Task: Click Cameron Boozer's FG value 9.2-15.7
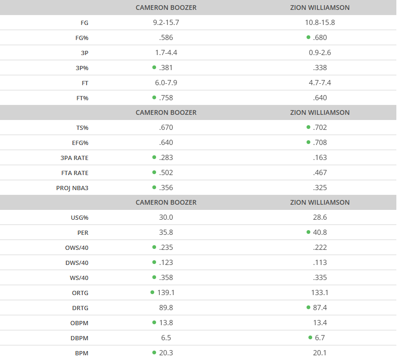166,23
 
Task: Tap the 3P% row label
82,68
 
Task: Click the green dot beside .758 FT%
154,97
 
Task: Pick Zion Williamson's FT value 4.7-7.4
320,83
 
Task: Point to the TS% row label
82,128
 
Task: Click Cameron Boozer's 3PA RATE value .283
166,158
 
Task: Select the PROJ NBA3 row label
72,188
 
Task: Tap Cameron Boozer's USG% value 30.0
166,217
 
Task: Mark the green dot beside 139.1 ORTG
152,292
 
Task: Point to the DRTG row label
80,308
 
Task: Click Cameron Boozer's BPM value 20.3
166,353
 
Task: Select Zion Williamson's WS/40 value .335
320,278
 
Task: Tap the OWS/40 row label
77,248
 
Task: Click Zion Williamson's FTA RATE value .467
320,173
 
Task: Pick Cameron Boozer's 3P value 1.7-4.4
166,53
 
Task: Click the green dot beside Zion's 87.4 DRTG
308,307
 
